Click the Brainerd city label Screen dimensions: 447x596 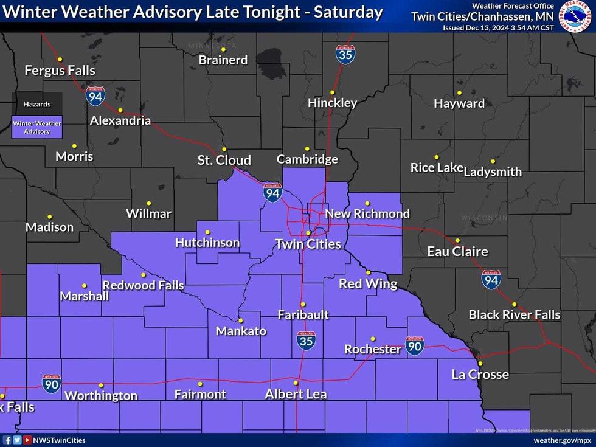coord(223,60)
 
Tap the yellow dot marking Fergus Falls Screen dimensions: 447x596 coord(60,59)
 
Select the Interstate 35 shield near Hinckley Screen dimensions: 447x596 coord(345,55)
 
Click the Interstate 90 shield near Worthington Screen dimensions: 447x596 coord(52,384)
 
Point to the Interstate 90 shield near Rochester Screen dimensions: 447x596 coord(415,346)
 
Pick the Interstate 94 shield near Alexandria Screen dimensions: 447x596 coord(95,96)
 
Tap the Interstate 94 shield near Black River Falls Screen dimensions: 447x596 coord(491,279)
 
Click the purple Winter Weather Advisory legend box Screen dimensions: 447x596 coord(37,127)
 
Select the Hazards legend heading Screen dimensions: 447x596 coord(37,104)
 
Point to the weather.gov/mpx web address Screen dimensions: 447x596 coord(562,440)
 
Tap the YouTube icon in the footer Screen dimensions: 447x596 coord(27,440)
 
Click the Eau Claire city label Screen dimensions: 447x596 coord(457,251)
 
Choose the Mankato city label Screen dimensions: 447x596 coord(241,331)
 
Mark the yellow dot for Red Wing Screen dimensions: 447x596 coord(368,272)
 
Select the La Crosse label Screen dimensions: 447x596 coord(480,374)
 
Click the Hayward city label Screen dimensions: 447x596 coord(459,103)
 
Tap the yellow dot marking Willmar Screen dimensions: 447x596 coord(148,203)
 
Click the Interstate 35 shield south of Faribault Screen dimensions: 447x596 coord(307,341)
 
